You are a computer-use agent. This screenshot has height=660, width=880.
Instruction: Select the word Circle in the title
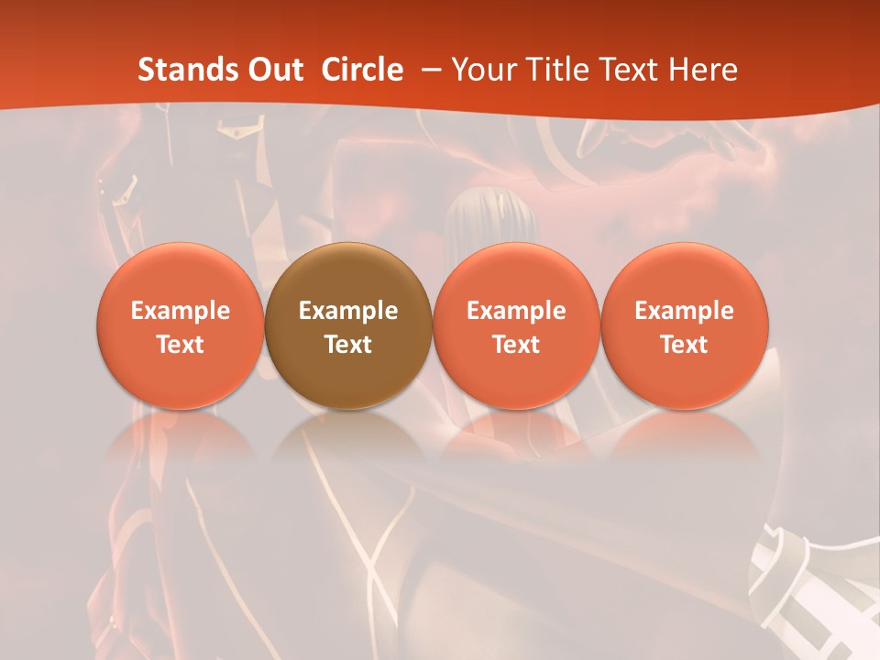(x=362, y=70)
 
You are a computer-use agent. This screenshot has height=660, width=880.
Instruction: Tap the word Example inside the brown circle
(x=348, y=311)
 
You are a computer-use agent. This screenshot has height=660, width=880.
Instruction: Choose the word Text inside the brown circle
(x=348, y=345)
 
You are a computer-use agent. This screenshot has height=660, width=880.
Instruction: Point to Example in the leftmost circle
(x=180, y=311)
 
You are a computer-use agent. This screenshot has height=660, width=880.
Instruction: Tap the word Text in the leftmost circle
(x=180, y=345)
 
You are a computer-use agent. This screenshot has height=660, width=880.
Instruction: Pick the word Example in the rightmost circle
(x=685, y=311)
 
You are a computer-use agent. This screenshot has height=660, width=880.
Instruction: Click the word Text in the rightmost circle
(x=685, y=345)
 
